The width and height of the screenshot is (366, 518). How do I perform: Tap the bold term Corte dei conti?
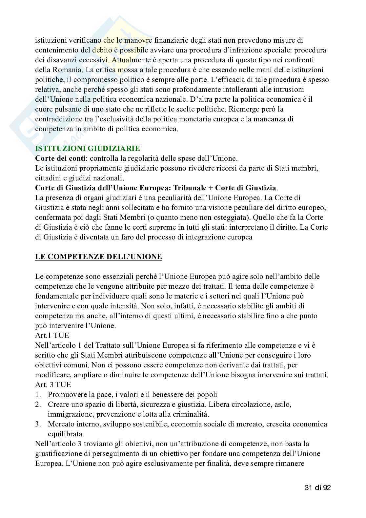(61, 158)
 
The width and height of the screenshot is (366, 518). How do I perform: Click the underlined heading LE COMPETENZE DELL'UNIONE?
(98, 256)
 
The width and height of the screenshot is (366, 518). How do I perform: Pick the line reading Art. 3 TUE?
(53, 384)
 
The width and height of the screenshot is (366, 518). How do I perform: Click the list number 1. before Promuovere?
(38, 394)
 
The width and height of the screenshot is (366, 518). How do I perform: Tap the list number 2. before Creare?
(38, 404)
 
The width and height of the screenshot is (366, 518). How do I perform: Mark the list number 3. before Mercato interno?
(38, 424)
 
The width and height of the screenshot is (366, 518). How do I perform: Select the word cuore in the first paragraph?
(44, 109)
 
